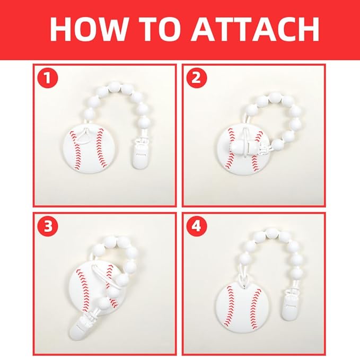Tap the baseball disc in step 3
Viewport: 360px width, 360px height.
pos(93,289)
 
